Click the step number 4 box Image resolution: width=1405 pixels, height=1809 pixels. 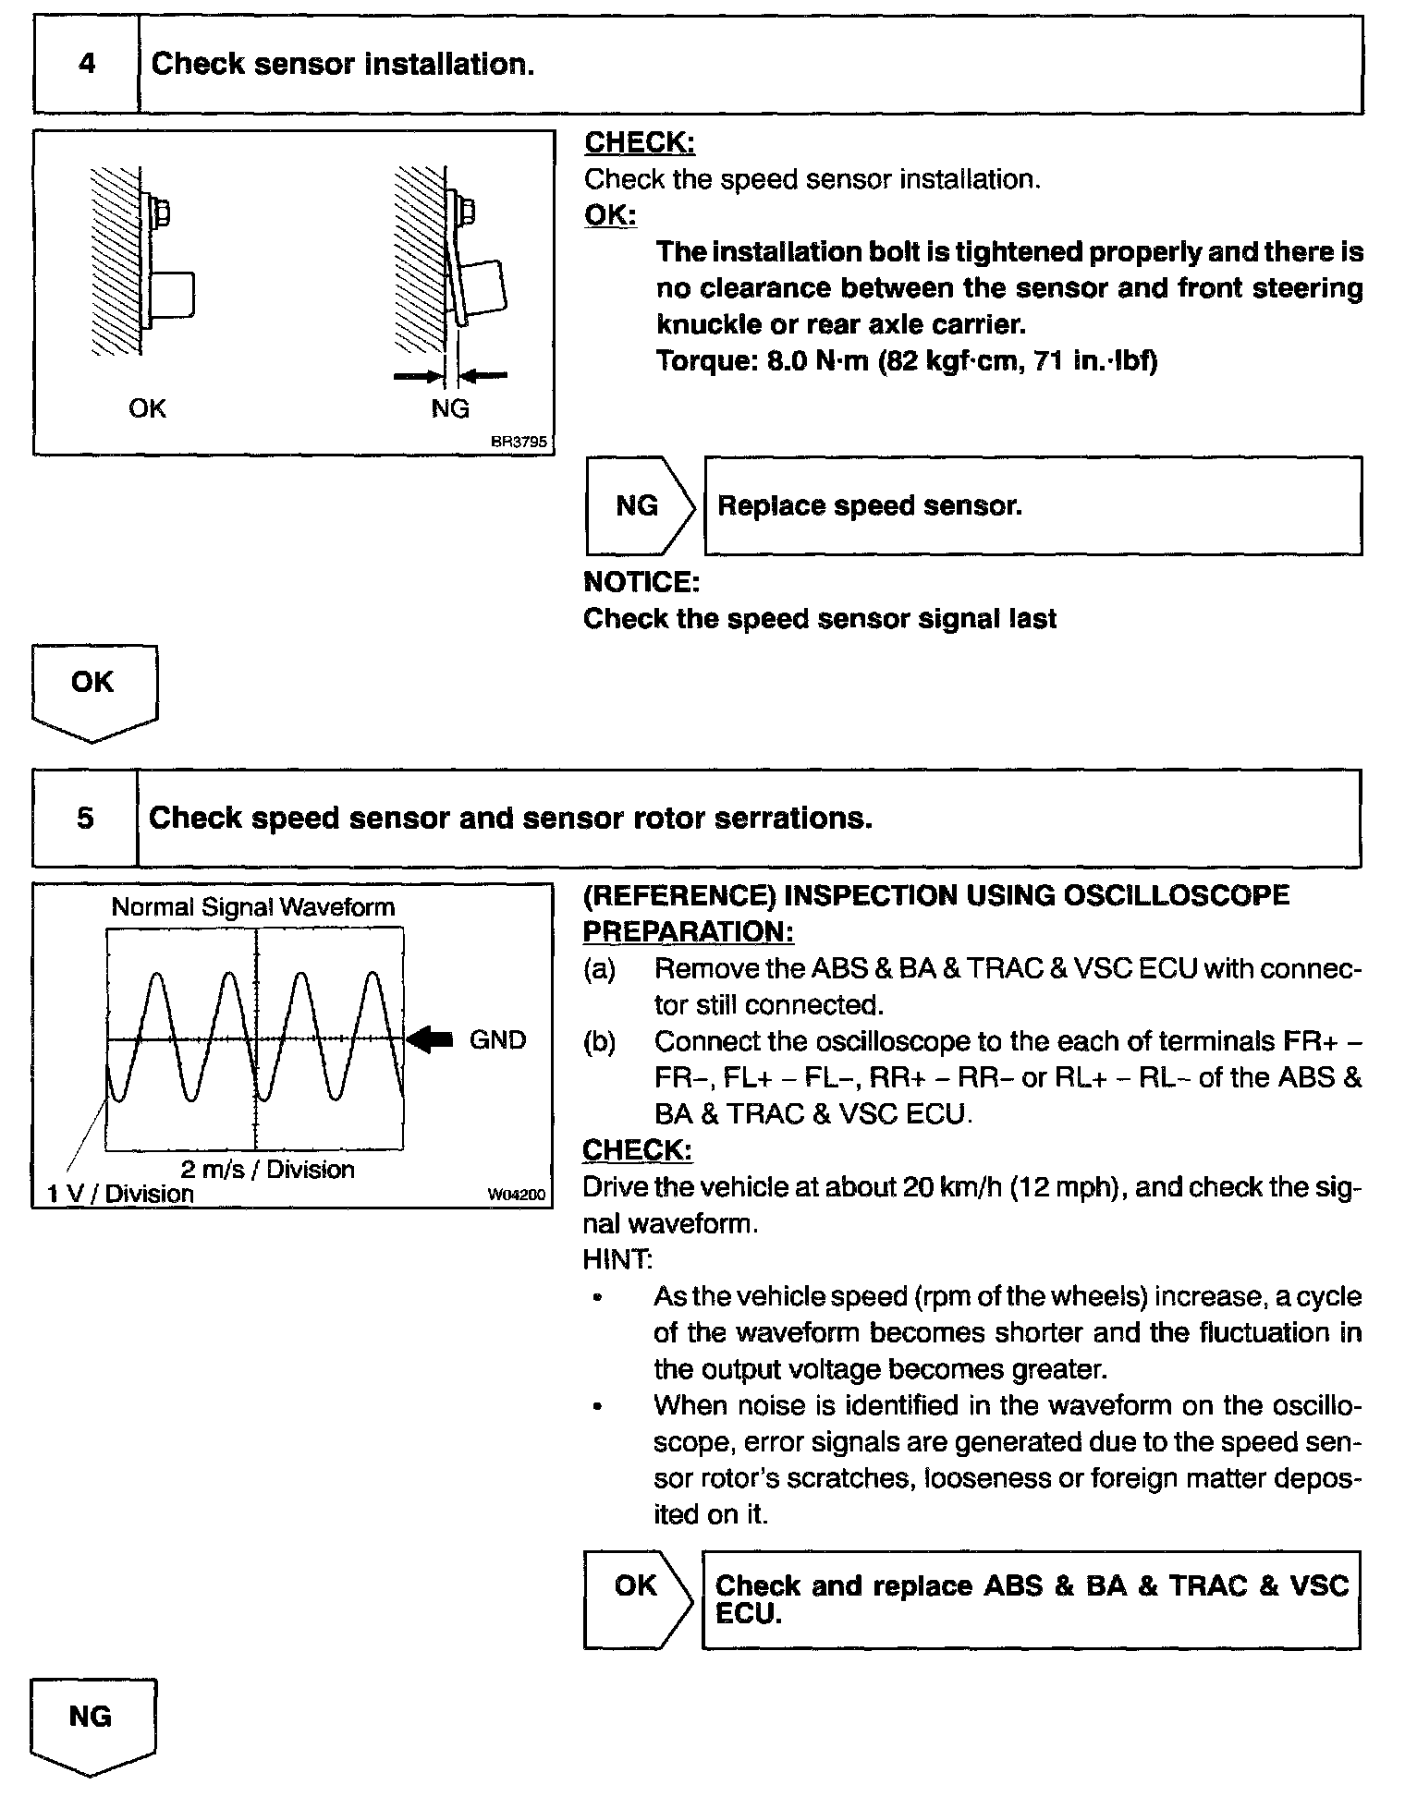coord(86,65)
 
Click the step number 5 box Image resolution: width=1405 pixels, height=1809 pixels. coord(85,819)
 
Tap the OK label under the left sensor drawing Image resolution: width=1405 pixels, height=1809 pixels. coord(147,408)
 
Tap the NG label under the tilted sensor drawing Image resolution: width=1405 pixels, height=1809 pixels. coord(450,408)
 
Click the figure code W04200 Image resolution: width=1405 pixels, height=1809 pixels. coord(517,1196)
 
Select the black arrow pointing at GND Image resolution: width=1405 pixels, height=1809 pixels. coord(430,1039)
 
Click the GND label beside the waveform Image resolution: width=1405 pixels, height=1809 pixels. coord(497,1040)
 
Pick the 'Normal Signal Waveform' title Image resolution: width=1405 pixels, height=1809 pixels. coord(252,907)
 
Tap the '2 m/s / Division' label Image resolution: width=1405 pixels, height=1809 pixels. coord(267,1170)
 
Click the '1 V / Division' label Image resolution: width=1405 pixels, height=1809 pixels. coord(120,1194)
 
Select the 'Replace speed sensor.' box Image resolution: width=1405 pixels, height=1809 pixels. coord(1032,506)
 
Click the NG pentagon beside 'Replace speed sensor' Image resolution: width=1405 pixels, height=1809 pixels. coord(638,506)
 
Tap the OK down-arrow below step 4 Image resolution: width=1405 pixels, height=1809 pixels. coord(93,691)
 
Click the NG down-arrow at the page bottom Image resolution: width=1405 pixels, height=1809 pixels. coord(92,1724)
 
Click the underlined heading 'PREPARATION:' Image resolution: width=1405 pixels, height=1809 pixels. coord(688,932)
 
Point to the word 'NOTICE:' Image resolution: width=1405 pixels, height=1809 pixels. coord(641,582)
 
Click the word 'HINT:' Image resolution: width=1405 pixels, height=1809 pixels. coord(617,1259)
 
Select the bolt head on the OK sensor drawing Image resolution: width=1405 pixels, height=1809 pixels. coord(159,212)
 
